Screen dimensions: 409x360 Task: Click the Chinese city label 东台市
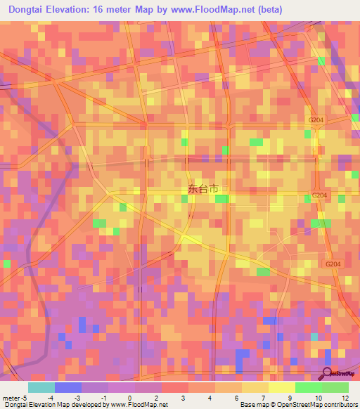point(203,189)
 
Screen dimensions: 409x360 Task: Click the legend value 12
point(345,397)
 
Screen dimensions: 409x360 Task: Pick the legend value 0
point(130,397)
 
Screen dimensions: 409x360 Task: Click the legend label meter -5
point(13,397)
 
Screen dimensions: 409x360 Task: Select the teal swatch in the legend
point(41,387)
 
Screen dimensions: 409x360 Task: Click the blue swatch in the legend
point(67,387)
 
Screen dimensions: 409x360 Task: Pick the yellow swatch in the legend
point(281,387)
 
